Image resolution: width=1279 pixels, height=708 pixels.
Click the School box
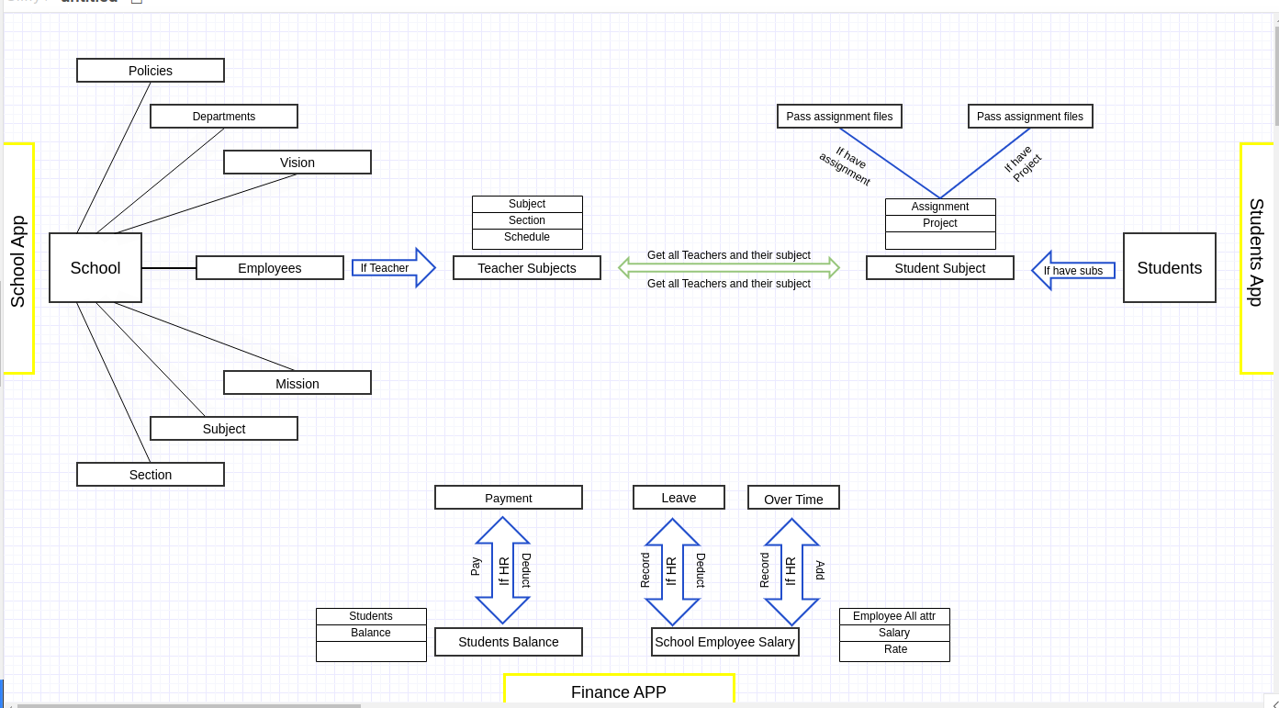coord(95,268)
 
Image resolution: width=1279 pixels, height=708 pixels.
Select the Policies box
coord(151,71)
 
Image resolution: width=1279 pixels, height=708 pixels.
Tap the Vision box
coord(297,163)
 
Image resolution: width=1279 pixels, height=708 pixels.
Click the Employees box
coord(270,268)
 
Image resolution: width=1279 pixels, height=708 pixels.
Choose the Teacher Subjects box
coord(527,268)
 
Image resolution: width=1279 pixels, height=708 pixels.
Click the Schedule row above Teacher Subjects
coord(527,238)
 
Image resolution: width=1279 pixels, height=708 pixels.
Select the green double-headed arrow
coord(729,268)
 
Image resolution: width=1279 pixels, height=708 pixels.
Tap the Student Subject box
coord(940,268)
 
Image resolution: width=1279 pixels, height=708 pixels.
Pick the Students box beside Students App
coord(1170,268)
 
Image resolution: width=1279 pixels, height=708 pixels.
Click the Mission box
coord(297,384)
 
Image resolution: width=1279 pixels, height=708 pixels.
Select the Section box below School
coord(151,475)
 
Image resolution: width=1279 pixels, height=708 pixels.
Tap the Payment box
coord(509,498)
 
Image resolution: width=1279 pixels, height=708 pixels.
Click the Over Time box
coord(793,499)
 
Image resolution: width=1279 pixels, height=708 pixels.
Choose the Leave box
coord(679,498)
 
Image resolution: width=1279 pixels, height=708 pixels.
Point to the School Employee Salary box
coord(725,642)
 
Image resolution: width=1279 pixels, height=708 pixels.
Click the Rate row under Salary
coord(895,650)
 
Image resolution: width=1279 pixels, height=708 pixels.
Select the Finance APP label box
coord(619,691)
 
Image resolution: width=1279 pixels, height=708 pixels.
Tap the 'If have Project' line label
coord(1022,163)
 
